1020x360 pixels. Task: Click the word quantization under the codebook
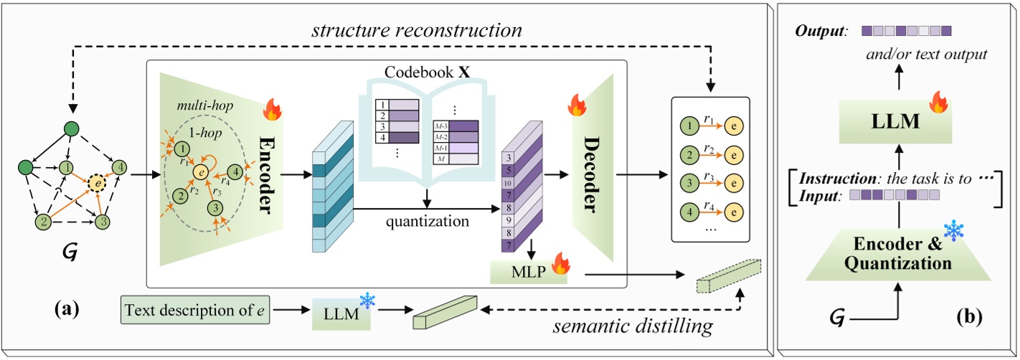[426, 222]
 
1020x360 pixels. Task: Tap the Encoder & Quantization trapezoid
[897, 252]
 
